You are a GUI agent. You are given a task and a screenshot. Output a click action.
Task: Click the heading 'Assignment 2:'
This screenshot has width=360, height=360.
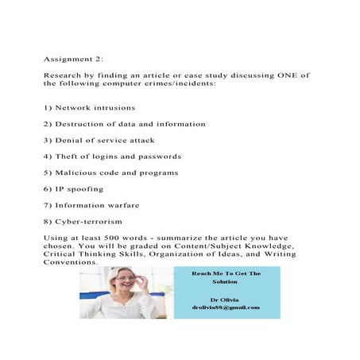coord(71,58)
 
